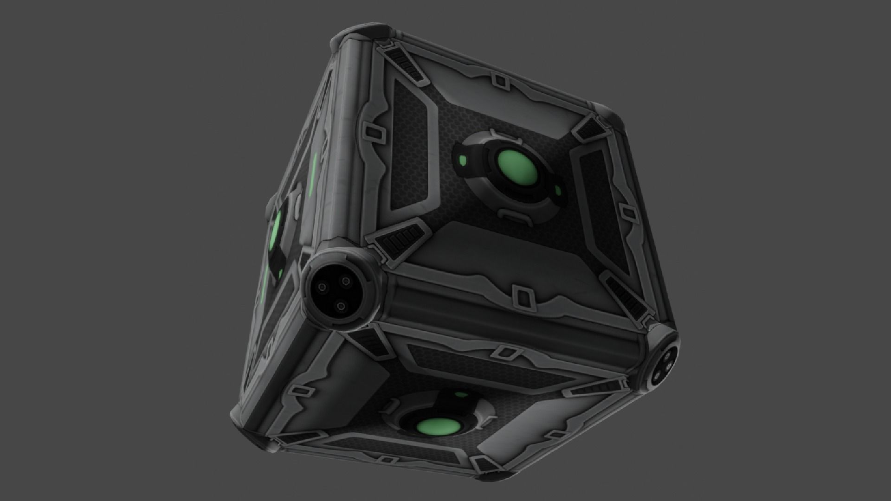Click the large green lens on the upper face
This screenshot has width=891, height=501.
click(518, 169)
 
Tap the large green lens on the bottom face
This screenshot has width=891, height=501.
click(436, 427)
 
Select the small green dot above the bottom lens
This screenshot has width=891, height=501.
click(460, 395)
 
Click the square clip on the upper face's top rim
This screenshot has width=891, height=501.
click(500, 82)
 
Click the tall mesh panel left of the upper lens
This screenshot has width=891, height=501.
click(411, 144)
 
